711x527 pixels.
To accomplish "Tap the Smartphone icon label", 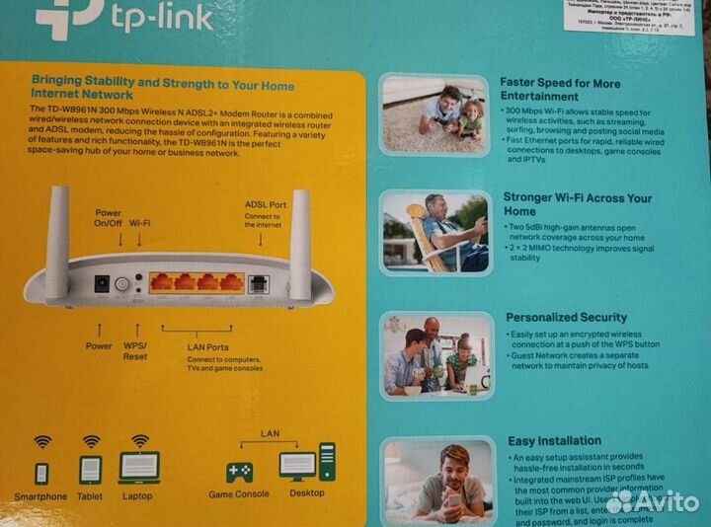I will (x=40, y=496).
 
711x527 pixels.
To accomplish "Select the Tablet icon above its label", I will (x=90, y=471).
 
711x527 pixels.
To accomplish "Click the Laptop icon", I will (x=138, y=468).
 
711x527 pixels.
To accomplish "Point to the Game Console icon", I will (x=239, y=472).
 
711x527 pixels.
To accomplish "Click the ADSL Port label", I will (x=266, y=204).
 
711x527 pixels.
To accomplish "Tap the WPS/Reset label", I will (x=134, y=352).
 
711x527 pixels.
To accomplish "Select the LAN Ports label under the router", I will (x=207, y=347).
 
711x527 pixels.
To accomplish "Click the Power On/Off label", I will (x=108, y=218).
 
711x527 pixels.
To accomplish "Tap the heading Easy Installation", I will (x=553, y=441).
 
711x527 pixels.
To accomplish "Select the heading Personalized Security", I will (x=566, y=318).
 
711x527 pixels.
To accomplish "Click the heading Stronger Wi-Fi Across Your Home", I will (x=577, y=204).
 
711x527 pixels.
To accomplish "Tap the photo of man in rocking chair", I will (x=434, y=231).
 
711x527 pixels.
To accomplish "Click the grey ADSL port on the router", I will (x=260, y=283).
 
